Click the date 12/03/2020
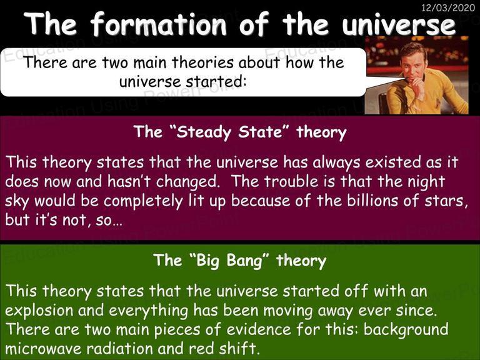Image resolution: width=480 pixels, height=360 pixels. point(448,7)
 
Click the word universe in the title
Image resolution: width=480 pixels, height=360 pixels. point(399,24)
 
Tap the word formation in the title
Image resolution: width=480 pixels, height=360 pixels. point(158,23)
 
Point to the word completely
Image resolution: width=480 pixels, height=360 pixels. point(143,201)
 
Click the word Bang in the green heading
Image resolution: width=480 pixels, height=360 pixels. point(245,261)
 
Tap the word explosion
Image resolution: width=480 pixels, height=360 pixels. point(39,311)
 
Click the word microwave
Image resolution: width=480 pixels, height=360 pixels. point(44,349)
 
